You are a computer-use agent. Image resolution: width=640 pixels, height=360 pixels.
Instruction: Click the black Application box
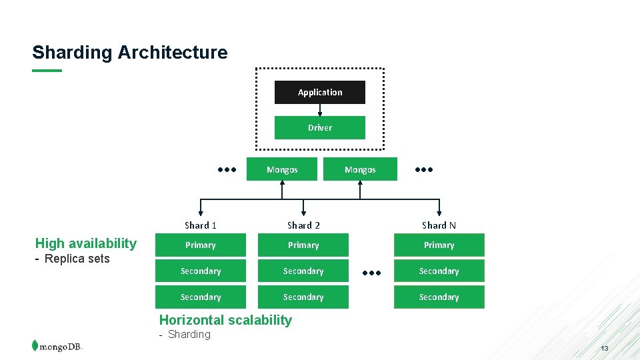point(320,93)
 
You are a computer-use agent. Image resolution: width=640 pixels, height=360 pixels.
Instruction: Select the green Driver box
point(320,127)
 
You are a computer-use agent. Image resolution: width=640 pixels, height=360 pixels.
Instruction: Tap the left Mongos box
point(282,169)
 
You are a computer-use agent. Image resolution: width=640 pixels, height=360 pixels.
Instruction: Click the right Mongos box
point(360,169)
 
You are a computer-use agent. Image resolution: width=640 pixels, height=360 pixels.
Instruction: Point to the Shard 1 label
point(201,225)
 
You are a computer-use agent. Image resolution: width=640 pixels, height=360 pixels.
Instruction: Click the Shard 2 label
point(303,225)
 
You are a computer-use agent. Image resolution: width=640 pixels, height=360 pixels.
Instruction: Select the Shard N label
point(439,225)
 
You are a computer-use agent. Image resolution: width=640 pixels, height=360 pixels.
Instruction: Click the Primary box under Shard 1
point(201,245)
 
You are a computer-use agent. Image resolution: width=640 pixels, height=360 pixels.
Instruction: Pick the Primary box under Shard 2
point(303,245)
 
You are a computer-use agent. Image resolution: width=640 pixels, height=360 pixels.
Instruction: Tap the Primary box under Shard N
point(439,245)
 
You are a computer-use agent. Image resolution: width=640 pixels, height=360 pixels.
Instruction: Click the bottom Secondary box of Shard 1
point(201,297)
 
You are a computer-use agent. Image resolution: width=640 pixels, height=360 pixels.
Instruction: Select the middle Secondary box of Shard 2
point(303,271)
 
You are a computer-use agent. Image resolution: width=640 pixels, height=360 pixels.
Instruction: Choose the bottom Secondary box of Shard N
point(439,297)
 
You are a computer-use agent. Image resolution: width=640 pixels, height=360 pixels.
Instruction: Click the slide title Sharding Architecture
point(130,52)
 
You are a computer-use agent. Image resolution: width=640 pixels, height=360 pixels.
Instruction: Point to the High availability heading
point(86,243)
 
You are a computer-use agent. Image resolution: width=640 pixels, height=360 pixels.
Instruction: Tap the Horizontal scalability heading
point(225,320)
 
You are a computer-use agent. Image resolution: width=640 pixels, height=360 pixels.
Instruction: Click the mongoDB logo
point(57,346)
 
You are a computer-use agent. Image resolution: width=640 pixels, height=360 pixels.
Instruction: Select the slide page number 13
point(604,349)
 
